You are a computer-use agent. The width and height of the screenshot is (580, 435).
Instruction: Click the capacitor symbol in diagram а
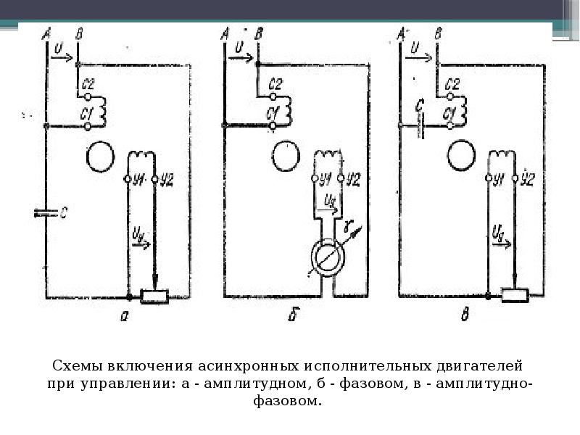pyautogui.click(x=46, y=213)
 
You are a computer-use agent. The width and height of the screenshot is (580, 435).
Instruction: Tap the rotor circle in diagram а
pyautogui.click(x=99, y=155)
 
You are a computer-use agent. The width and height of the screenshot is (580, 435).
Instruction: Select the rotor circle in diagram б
pyautogui.click(x=286, y=155)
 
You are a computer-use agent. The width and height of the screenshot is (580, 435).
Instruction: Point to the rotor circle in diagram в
pyautogui.click(x=461, y=154)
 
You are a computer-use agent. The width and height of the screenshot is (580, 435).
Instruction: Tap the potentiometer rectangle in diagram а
pyautogui.click(x=154, y=296)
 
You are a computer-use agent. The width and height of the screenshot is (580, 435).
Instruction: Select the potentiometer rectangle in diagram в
pyautogui.click(x=514, y=295)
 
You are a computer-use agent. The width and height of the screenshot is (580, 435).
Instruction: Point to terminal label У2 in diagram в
pyautogui.click(x=528, y=179)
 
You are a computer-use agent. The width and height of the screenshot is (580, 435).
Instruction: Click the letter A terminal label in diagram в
pyautogui.click(x=401, y=32)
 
